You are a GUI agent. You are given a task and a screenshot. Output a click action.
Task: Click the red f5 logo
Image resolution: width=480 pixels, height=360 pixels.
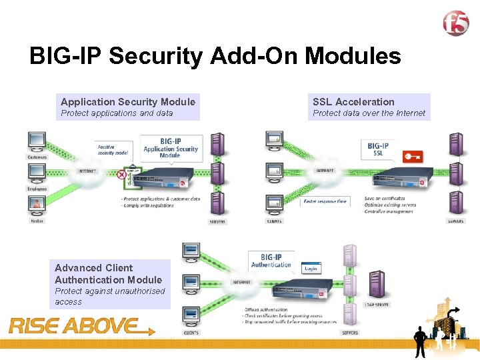(457, 24)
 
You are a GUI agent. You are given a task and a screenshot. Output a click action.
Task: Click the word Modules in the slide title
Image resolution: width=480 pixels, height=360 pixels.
(353, 57)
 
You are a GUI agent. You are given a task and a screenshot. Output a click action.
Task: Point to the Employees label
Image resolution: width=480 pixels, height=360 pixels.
(37, 189)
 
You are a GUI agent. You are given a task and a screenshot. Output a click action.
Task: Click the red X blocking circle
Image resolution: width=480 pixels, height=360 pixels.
(121, 175)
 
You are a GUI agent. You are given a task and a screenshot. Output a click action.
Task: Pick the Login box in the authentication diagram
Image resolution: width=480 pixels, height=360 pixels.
(311, 268)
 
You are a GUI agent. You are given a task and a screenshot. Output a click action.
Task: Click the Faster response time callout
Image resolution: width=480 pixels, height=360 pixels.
(325, 201)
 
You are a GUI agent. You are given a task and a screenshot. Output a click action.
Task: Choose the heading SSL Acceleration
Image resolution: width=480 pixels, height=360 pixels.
(353, 102)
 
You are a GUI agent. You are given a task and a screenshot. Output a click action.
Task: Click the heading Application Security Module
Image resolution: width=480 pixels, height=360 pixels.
(128, 102)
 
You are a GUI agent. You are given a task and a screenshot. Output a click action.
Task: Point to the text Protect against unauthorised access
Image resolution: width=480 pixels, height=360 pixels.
(109, 297)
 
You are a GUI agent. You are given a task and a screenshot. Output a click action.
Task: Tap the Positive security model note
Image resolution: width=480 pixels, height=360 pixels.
(113, 149)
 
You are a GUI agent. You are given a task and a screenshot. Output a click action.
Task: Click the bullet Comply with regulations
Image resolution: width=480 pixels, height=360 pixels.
(149, 205)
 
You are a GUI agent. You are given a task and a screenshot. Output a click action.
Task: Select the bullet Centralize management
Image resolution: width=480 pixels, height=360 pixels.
(390, 211)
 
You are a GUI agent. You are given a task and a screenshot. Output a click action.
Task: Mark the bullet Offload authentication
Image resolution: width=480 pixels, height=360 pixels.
(266, 310)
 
